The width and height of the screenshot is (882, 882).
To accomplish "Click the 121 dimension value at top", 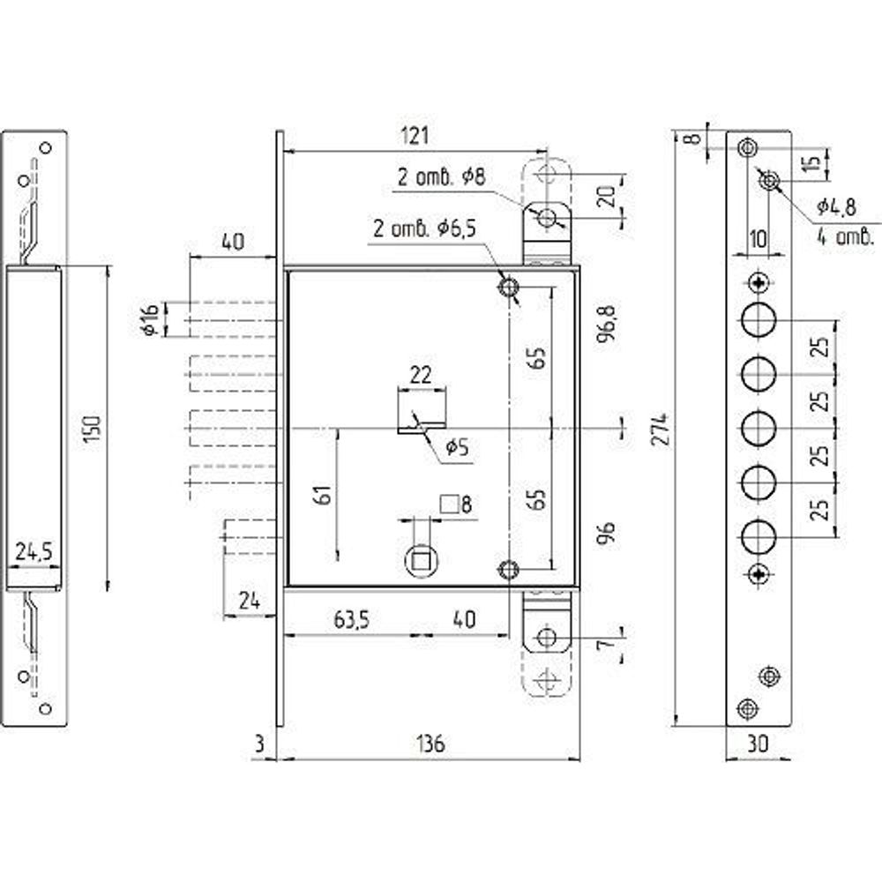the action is click(415, 136).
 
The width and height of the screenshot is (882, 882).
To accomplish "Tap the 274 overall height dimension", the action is click(661, 430).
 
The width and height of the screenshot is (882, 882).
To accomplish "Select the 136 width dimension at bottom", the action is click(431, 744).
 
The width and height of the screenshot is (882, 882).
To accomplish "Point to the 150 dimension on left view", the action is click(93, 429).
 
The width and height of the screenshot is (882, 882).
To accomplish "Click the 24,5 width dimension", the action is click(34, 552).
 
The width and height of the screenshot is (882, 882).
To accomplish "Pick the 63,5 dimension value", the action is click(351, 620).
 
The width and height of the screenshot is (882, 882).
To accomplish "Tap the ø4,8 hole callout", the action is click(836, 207).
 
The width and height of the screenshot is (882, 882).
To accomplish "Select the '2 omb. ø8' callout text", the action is click(441, 178).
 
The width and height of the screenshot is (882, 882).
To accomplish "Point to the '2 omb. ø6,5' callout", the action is click(425, 228).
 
